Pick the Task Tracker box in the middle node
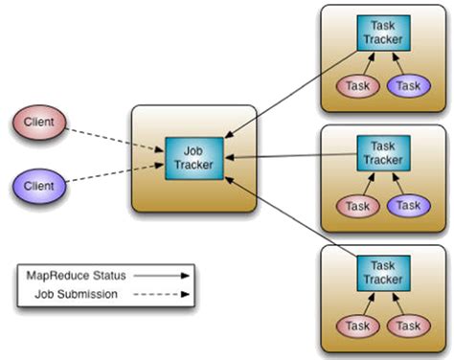pos(382,152)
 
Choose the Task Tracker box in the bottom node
pos(382,273)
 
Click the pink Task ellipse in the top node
pos(357,86)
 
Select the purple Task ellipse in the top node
pos(409,86)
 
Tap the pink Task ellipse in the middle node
pos(357,206)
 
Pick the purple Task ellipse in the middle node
pos(409,206)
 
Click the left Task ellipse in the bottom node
pos(357,326)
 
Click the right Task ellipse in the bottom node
pos(409,326)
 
